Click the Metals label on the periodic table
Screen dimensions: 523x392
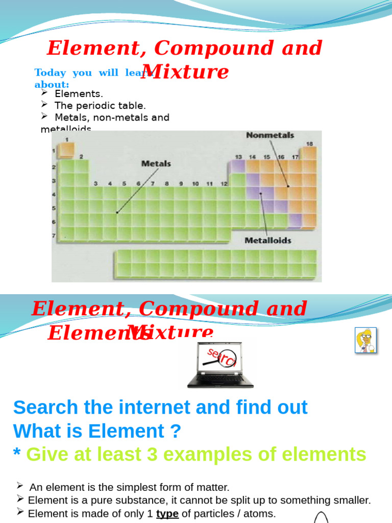(156, 164)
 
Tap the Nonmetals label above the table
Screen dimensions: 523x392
(270, 135)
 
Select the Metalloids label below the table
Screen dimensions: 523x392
(267, 240)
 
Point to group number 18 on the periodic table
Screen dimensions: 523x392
(309, 144)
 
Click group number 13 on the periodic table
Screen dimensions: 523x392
(238, 157)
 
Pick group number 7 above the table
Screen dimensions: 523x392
(152, 183)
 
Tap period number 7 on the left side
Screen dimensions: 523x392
(54, 235)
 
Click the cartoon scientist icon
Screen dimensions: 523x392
(365, 340)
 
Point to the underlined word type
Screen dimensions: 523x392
(167, 513)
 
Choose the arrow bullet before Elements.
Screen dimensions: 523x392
(44, 92)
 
